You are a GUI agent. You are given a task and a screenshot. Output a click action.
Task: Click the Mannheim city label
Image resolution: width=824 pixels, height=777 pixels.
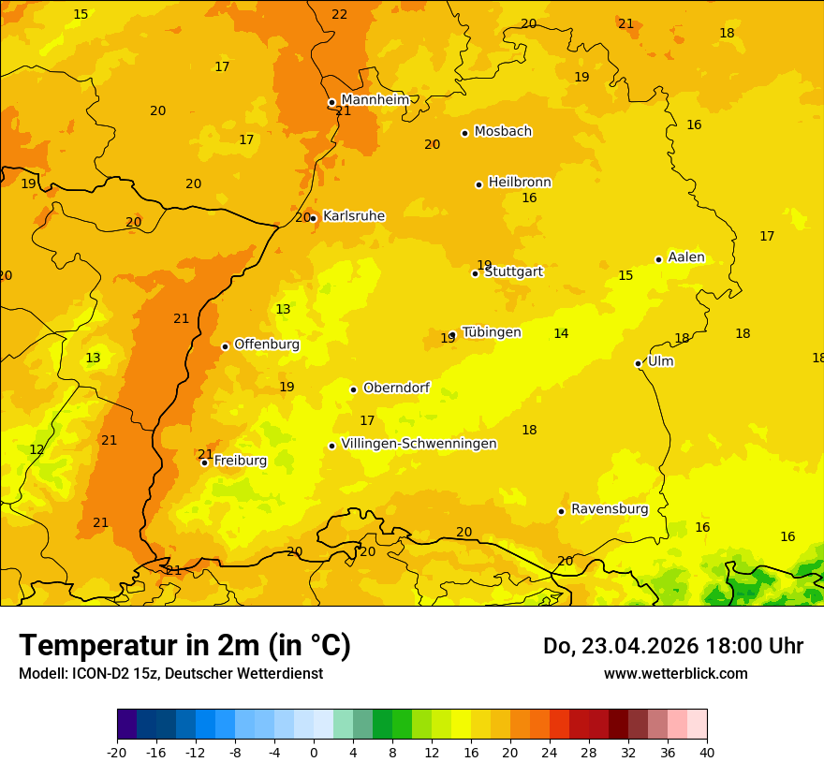[375, 99]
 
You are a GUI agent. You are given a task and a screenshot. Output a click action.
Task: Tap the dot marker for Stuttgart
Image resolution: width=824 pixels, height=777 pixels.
[475, 273]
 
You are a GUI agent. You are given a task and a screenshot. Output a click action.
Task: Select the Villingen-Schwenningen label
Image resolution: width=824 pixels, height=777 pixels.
[419, 444]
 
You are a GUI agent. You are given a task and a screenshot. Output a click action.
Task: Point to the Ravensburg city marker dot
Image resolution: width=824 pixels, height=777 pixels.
[561, 511]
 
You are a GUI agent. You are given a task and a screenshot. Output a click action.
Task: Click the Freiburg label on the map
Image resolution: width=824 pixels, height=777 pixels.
[241, 461]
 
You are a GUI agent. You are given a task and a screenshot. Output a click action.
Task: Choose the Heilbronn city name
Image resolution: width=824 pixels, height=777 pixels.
[520, 183]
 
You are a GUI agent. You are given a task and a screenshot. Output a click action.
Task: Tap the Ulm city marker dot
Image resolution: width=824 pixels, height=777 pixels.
[638, 363]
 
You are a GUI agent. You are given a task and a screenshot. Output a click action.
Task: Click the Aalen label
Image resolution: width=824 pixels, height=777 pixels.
[686, 257]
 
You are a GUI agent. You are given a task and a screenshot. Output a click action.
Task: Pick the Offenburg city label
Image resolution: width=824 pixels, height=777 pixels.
[267, 345]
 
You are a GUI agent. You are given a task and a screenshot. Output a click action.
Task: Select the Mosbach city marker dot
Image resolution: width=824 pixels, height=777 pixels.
[464, 133]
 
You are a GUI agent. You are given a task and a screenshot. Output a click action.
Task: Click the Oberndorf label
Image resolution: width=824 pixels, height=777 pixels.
[397, 388]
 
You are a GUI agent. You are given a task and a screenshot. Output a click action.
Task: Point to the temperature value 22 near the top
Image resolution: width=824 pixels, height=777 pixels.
[339, 14]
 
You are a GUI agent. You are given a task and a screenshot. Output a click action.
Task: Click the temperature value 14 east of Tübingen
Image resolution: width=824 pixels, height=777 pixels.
[561, 333]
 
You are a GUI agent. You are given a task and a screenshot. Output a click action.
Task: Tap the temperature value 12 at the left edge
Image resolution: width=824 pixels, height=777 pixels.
[37, 449]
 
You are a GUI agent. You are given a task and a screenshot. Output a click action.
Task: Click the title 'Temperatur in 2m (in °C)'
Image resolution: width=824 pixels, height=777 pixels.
[184, 646]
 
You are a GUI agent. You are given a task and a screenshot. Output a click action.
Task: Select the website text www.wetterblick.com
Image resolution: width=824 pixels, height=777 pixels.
[675, 674]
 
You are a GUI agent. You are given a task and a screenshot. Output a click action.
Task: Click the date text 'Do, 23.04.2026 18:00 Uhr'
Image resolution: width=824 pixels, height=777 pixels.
[672, 646]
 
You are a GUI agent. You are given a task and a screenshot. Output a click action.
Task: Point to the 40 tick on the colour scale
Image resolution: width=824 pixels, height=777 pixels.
[707, 752]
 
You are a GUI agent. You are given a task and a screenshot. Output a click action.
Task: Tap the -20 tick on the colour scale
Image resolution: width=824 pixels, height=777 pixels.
[117, 752]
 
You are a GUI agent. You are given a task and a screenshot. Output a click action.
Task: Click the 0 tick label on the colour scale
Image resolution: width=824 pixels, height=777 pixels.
[314, 752]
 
